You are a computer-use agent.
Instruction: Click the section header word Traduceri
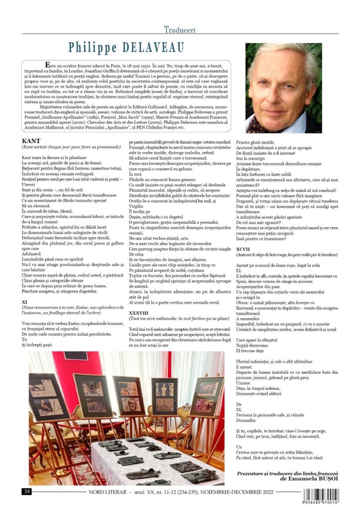click(x=180, y=29)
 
